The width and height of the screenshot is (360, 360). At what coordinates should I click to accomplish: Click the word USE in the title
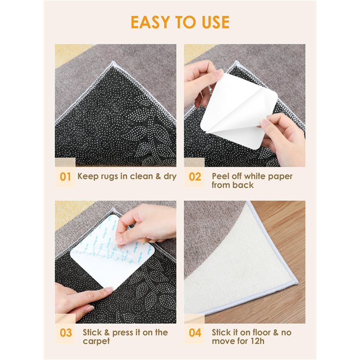(216, 22)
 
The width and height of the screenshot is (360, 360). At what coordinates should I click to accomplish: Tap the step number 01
(65, 177)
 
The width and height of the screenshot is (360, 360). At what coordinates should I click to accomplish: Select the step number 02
(195, 177)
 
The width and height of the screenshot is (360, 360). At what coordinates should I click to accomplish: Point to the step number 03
(66, 333)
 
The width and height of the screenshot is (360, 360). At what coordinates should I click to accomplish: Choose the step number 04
(195, 333)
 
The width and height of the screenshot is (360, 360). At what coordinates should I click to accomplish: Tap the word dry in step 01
(170, 176)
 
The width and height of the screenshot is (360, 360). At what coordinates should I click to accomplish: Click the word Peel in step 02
(220, 176)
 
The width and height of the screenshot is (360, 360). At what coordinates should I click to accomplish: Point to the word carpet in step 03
(96, 342)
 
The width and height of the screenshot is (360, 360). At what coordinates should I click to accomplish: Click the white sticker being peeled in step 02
(239, 111)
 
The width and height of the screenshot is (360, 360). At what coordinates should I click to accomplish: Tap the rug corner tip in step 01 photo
(113, 62)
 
